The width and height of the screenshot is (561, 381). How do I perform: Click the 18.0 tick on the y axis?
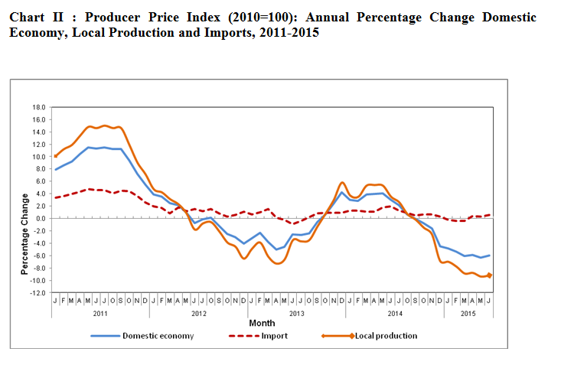[39, 108]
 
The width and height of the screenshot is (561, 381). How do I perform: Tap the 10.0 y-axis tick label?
[39, 157]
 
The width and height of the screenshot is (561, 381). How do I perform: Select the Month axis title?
[263, 324]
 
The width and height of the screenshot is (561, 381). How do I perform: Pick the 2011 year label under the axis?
[100, 314]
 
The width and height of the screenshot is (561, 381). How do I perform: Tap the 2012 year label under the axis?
[198, 314]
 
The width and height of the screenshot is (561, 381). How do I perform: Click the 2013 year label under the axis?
[296, 314]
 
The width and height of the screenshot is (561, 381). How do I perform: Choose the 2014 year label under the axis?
[395, 314]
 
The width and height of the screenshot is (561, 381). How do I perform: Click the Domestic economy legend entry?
[158, 335]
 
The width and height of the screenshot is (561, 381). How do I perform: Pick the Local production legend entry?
[385, 335]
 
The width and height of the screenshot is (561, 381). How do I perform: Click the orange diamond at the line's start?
[55, 156]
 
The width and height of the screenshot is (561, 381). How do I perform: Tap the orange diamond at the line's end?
[489, 275]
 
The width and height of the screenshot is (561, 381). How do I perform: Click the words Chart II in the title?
[34, 17]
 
